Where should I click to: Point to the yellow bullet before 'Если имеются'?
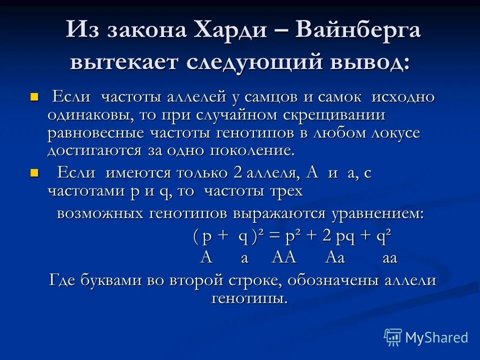pyautogui.click(x=34, y=173)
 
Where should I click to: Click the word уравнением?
pyautogui.click(x=375, y=213)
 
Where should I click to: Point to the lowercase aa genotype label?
pyautogui.click(x=389, y=258)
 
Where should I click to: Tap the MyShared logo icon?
pyautogui.click(x=392, y=337)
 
